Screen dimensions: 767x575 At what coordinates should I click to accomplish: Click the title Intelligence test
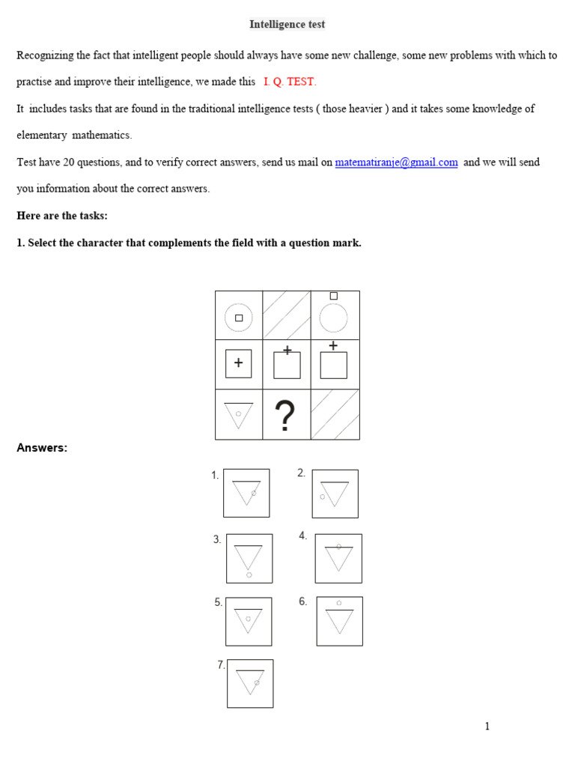click(x=287, y=25)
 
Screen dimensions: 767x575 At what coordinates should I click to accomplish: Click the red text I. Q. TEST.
click(x=290, y=82)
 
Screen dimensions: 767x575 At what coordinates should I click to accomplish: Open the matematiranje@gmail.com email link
click(x=396, y=163)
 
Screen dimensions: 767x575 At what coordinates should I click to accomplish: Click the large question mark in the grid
click(x=286, y=416)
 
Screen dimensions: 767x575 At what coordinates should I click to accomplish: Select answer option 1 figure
click(x=246, y=493)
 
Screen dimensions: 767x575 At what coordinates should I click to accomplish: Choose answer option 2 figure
click(x=335, y=494)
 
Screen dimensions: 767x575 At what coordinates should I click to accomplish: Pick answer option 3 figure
click(x=249, y=558)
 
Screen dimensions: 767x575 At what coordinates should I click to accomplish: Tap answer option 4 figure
click(x=338, y=558)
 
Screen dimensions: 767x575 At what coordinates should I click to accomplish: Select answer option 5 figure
click(x=249, y=621)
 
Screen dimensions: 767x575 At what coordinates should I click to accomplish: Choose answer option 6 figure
click(x=339, y=621)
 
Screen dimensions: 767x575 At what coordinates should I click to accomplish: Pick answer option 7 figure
click(x=250, y=683)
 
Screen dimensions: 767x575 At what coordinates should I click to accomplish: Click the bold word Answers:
click(x=42, y=448)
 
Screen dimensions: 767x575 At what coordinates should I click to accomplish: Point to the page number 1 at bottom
click(x=487, y=726)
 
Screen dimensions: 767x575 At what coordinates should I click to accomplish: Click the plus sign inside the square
click(x=239, y=363)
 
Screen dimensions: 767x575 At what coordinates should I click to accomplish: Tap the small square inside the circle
click(x=239, y=318)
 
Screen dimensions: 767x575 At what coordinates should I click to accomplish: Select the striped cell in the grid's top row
click(x=287, y=315)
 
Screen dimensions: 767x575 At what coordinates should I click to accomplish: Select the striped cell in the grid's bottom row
click(x=335, y=414)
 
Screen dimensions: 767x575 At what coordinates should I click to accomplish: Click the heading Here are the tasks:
click(x=62, y=216)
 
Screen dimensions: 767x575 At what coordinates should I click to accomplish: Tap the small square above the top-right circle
click(x=334, y=296)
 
